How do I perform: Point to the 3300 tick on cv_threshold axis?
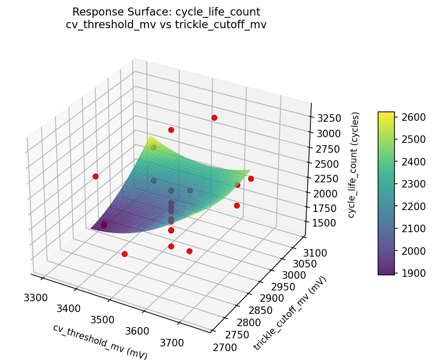(x=35, y=297)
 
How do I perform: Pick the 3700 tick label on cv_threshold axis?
(x=172, y=343)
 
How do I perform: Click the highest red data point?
(x=214, y=117)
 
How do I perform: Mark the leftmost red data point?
(x=95, y=176)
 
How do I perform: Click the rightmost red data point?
(x=251, y=179)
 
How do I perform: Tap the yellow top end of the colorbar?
(x=386, y=114)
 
